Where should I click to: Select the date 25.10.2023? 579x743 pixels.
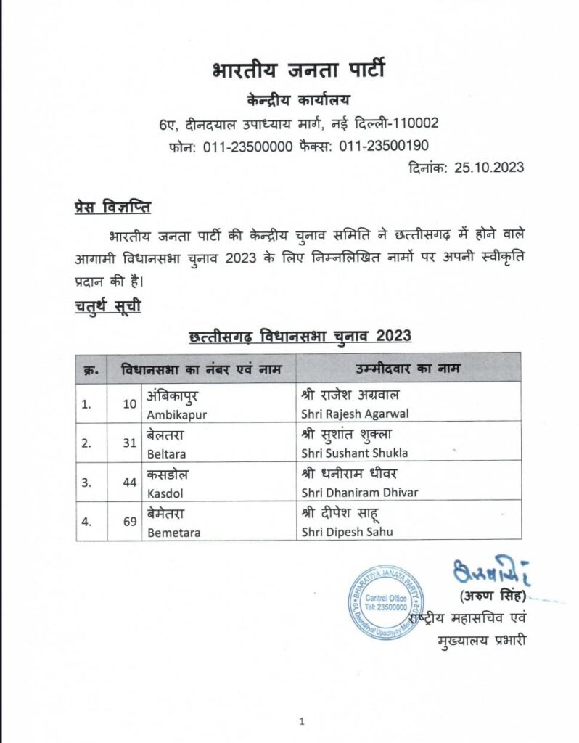coord(489,168)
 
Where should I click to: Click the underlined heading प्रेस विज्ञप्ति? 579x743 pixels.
coord(112,207)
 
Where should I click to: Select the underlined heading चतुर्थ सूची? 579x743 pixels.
coord(107,305)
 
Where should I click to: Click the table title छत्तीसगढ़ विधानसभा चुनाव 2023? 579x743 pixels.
coord(300,337)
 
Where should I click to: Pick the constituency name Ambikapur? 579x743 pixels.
coord(173,414)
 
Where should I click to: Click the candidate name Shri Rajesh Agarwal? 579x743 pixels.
coord(350,414)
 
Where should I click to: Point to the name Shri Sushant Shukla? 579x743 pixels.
coord(353,453)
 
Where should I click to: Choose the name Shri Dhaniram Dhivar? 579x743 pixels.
coord(358,493)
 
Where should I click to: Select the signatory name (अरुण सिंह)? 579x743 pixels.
coord(492,596)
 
